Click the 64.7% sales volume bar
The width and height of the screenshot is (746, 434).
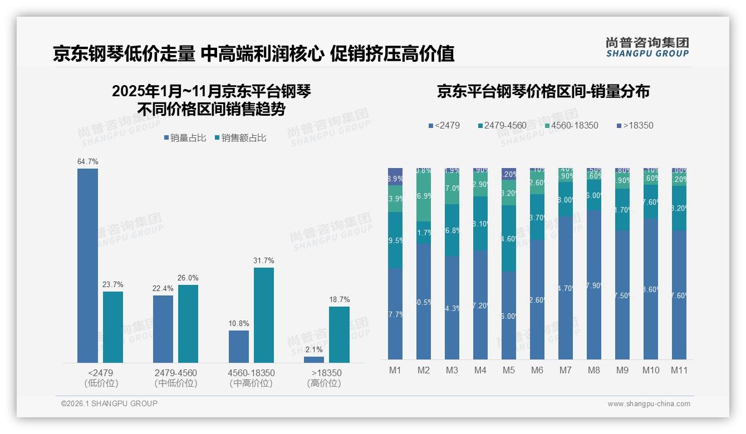pyautogui.click(x=87, y=265)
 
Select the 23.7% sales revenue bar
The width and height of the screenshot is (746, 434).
pyautogui.click(x=113, y=327)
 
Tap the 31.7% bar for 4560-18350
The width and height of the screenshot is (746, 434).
pyautogui.click(x=264, y=315)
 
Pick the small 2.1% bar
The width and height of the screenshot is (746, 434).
pyautogui.click(x=314, y=359)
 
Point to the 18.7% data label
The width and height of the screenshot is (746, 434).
pyautogui.click(x=339, y=300)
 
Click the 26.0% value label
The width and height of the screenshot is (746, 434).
pyautogui.click(x=188, y=278)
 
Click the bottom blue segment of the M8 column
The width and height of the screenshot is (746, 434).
pyautogui.click(x=593, y=284)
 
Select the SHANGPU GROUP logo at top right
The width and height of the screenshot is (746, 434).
pyautogui.click(x=647, y=47)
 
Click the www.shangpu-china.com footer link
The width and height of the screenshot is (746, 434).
pyautogui.click(x=649, y=404)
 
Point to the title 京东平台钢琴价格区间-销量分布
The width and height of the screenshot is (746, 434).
pyautogui.click(x=543, y=92)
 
